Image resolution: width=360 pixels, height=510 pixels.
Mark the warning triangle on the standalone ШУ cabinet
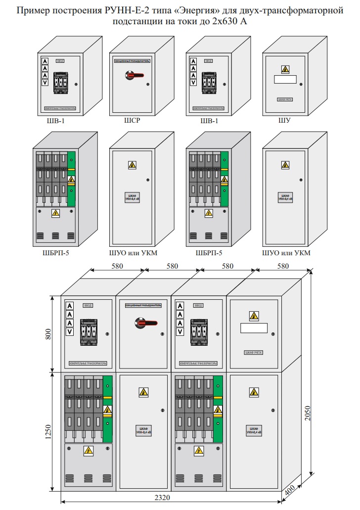(285, 69)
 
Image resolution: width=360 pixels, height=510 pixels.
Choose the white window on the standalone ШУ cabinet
(285, 79)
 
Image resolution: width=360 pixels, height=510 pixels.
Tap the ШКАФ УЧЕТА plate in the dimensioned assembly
(253, 353)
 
